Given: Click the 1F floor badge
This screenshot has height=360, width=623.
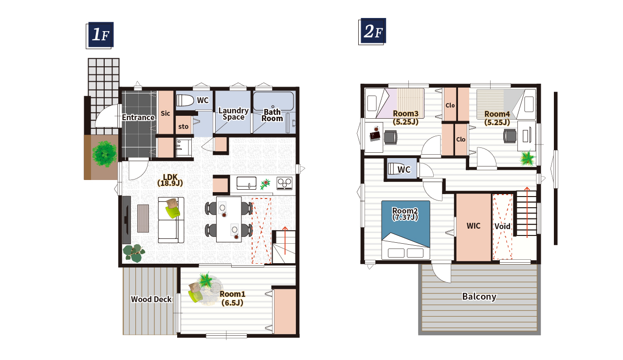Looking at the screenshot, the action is coord(100,36).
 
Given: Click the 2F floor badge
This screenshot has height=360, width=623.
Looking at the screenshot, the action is coord(372,32).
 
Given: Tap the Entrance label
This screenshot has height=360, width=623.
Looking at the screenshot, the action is coord(138,118).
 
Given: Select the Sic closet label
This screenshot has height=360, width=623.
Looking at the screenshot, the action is coord(165,113).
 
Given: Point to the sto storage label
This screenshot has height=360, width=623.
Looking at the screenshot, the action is coord(183,127).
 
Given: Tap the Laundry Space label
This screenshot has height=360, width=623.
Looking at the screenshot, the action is coord(233,114).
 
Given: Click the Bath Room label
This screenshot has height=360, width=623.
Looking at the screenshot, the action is coord(272,115).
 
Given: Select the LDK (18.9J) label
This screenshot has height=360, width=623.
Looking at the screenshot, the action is coord(170,180).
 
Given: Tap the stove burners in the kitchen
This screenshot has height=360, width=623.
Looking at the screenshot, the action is coord(285,183).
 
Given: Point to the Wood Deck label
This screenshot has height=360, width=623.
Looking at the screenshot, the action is coord(151,299).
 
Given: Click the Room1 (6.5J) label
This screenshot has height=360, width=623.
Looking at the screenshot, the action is coord(233,298).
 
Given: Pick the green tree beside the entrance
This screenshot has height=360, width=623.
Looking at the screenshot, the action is coord(105,154).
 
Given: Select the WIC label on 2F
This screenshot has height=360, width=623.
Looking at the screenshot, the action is coord(474,226).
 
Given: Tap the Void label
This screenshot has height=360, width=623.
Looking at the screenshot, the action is coord(502,226).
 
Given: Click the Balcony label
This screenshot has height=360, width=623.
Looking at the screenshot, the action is coord(479,297).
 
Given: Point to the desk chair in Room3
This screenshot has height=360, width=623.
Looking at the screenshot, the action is coord(390,137).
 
